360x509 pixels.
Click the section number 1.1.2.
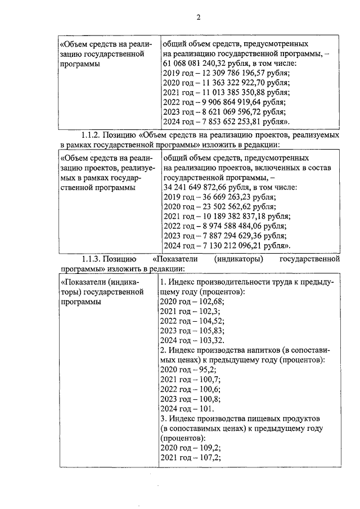tap(93, 136)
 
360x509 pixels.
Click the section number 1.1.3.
tap(93, 259)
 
